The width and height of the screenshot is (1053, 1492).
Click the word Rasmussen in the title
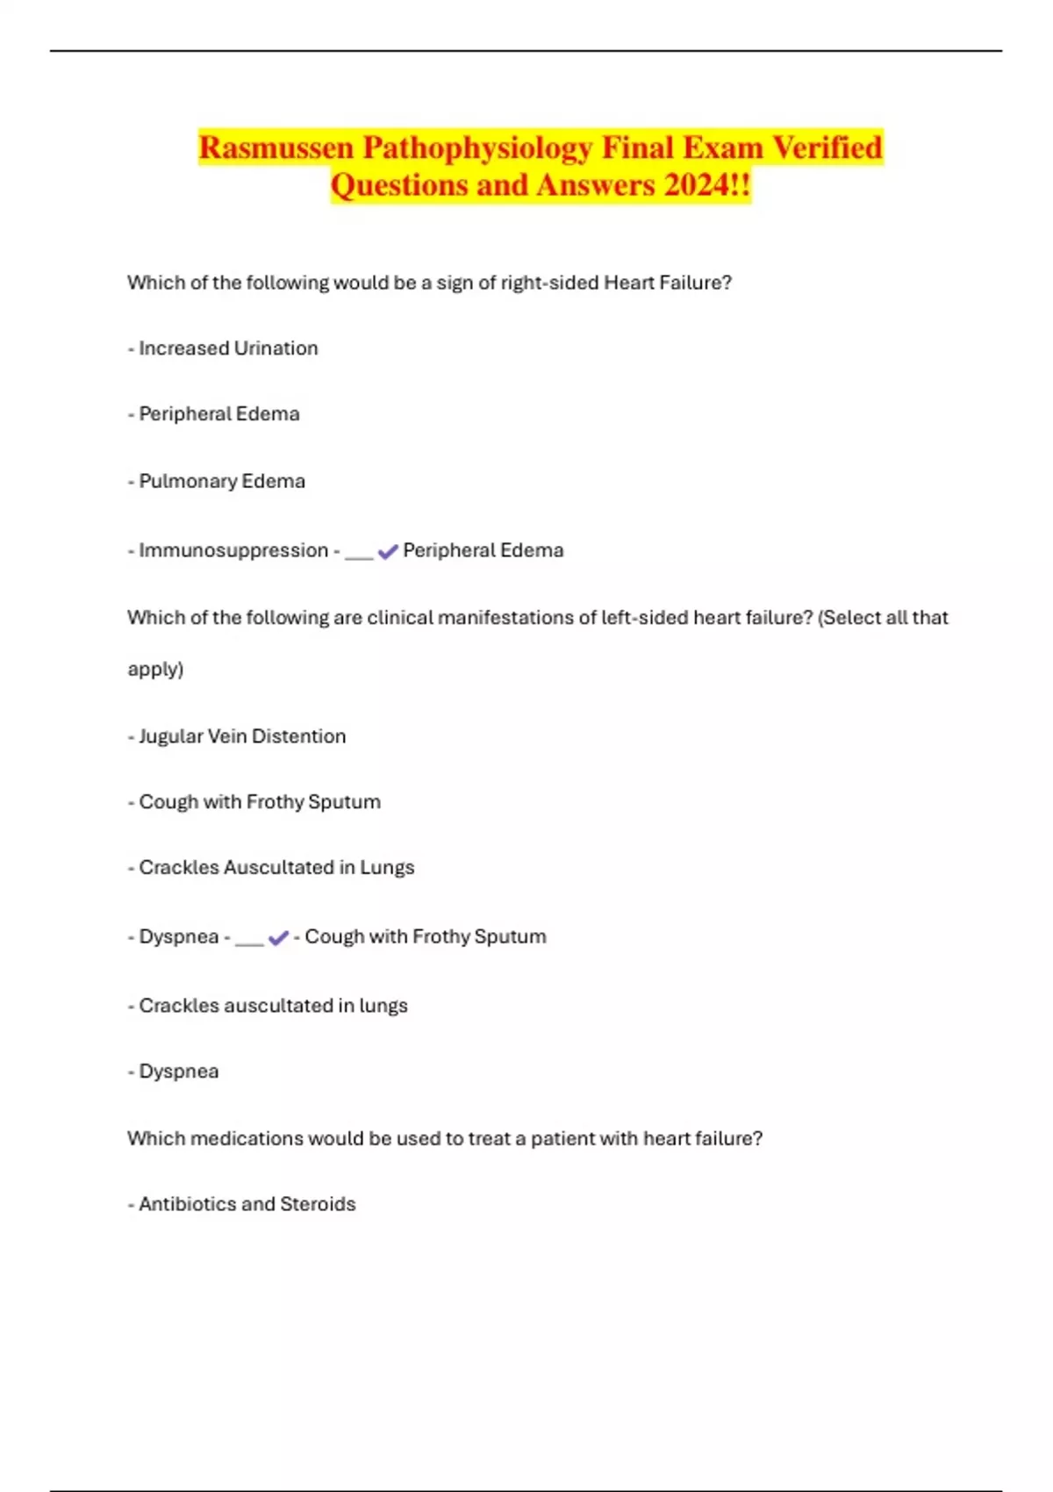tap(276, 147)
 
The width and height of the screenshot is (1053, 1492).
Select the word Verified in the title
tap(827, 147)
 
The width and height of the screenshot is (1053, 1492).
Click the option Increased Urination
tap(228, 348)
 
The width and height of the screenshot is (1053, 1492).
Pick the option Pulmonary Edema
tap(222, 481)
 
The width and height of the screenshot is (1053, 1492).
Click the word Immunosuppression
tap(233, 550)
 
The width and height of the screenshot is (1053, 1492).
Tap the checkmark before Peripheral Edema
tap(388, 551)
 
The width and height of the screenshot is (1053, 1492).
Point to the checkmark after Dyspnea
tap(278, 937)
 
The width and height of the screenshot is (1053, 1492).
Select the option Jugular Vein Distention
tap(242, 736)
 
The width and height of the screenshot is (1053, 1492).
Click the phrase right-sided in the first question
tap(549, 283)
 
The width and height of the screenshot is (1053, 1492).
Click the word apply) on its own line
tap(155, 670)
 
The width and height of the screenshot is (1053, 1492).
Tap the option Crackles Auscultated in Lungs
tap(276, 867)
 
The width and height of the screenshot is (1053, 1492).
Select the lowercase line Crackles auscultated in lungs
tap(273, 1006)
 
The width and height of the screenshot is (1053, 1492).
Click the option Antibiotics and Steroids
tap(247, 1204)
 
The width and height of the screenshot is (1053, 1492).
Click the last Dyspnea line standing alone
tap(179, 1072)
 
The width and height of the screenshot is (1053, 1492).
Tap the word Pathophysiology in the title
tap(477, 147)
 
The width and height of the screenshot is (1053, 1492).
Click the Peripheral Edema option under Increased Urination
tap(219, 414)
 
